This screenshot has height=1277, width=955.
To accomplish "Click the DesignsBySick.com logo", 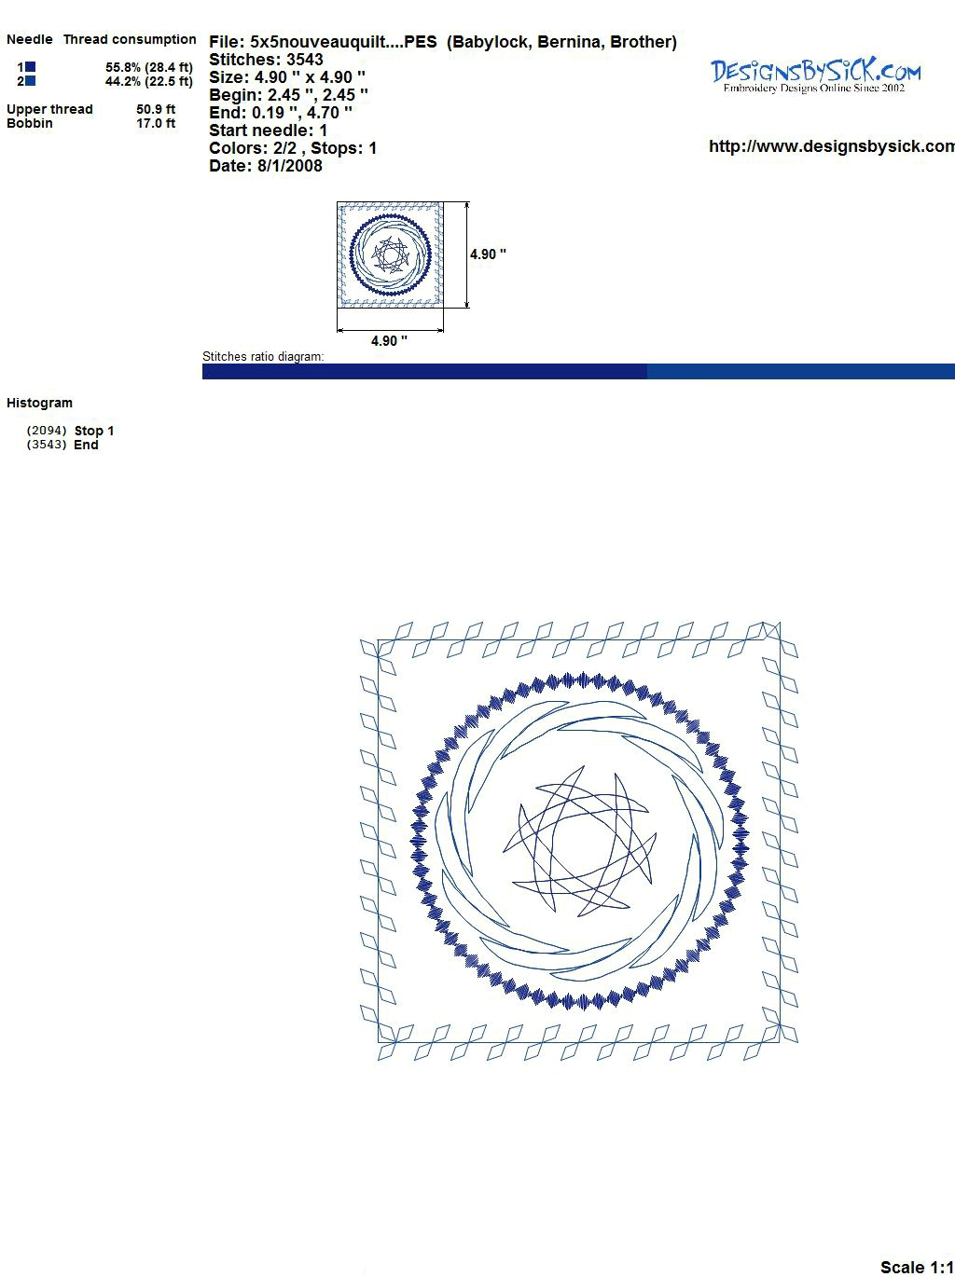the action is (x=815, y=76).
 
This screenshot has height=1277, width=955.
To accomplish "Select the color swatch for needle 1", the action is (x=30, y=67).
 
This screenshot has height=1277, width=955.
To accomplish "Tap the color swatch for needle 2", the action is (x=30, y=81).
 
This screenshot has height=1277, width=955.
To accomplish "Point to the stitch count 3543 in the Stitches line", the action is (x=304, y=60).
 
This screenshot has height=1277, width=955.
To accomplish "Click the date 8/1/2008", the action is (x=290, y=166).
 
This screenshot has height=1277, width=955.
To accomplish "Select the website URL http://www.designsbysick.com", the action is (x=832, y=146).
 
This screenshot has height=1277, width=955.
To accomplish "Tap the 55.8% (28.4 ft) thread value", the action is (x=149, y=67).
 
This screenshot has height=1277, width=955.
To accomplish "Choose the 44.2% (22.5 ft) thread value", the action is (x=149, y=81).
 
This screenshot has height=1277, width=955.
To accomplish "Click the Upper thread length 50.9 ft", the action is (x=156, y=109).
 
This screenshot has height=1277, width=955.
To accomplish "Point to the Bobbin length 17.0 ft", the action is (x=156, y=123).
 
